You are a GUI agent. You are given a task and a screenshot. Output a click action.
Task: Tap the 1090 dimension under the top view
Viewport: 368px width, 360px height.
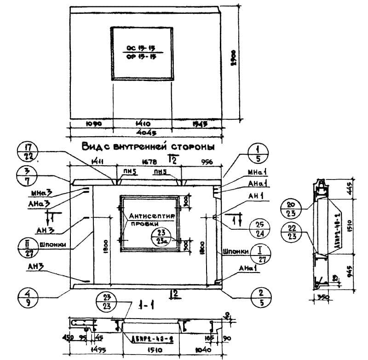click(x=93, y=124)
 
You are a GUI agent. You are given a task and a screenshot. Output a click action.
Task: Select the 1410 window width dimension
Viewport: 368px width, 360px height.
click(x=142, y=124)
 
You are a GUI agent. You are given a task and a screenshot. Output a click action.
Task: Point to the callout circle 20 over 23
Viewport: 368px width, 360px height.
click(x=295, y=208)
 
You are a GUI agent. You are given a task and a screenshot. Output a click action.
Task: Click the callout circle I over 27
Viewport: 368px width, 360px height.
click(x=258, y=252)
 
